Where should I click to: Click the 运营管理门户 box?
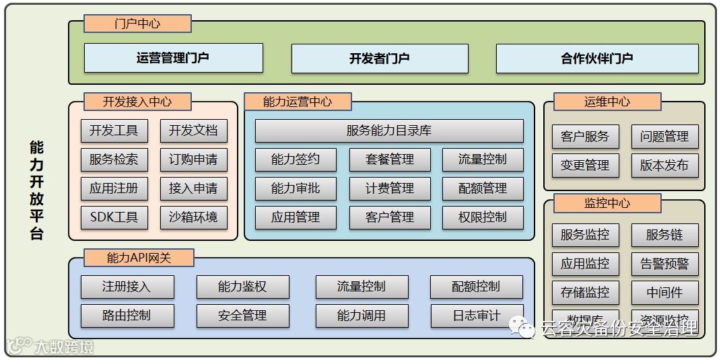point(173,59)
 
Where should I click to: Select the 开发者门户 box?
point(380,59)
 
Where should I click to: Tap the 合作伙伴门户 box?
point(597,59)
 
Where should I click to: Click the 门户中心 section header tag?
point(137,24)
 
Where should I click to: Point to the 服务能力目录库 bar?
point(389,131)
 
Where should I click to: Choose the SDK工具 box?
point(114,217)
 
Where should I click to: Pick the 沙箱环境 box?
point(193,217)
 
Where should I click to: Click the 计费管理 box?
point(389,188)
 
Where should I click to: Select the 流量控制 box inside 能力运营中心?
point(483,159)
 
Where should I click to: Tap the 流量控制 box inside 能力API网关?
point(362,287)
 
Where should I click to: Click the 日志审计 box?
point(476,316)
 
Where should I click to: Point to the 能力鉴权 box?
point(242,287)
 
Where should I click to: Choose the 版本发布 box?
point(664,166)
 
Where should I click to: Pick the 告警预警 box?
point(664,264)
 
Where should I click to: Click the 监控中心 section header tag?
point(607,203)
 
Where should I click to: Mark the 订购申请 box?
point(193,159)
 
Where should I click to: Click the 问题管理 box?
point(664,137)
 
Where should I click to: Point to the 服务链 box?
point(664,235)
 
